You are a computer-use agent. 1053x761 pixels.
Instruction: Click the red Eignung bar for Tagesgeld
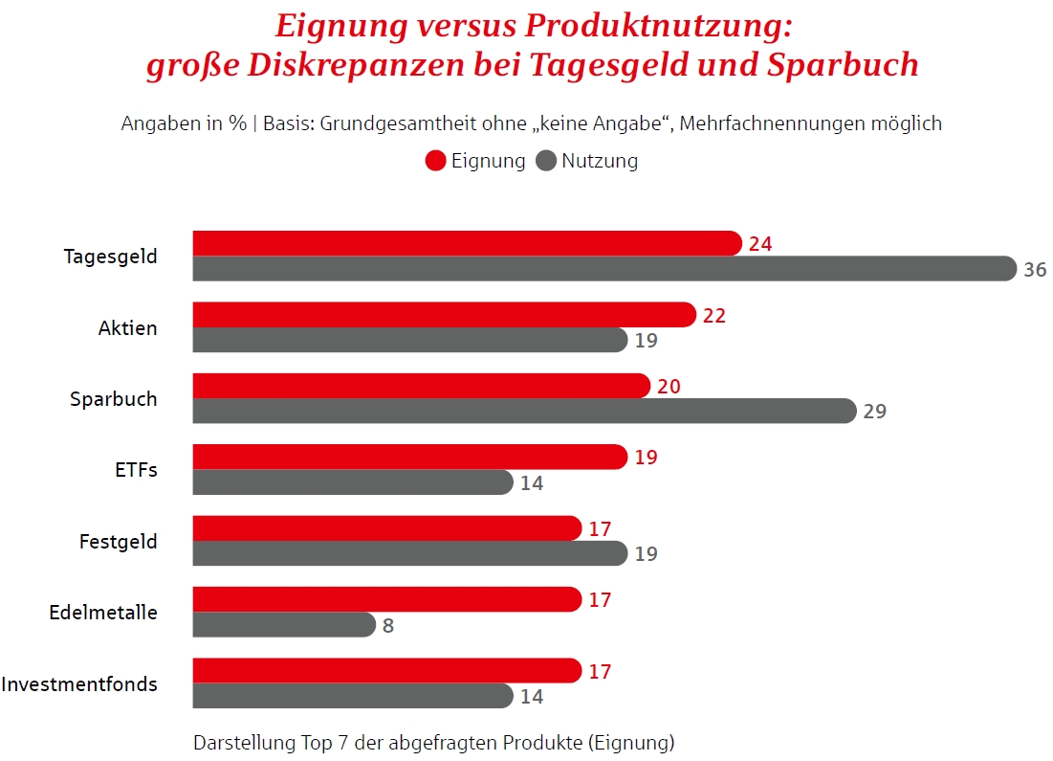coord(467,243)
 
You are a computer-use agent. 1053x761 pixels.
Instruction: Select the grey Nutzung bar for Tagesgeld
coord(603,269)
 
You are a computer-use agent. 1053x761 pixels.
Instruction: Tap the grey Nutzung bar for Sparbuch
coord(523,411)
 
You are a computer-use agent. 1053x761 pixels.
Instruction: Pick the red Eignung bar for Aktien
coord(444,315)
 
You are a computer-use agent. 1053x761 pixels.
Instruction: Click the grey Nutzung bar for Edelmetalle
coord(283,625)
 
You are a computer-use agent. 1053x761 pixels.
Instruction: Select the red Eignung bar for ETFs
coord(409,457)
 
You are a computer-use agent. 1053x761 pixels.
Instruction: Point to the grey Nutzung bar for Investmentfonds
coord(352,696)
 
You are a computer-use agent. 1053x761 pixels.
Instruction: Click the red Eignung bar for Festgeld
coord(386,528)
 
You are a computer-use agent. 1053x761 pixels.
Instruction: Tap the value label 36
coord(1035,270)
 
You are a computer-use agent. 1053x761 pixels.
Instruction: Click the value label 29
coord(874,412)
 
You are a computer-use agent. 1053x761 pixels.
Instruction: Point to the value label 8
coord(388,626)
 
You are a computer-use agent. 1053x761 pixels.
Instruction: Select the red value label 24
coord(760,244)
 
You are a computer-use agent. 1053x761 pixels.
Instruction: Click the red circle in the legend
coord(436,161)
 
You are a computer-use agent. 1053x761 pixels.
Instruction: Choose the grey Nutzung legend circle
coord(546,161)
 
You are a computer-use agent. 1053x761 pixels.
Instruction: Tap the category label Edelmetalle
coord(103,613)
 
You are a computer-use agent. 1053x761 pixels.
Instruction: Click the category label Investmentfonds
coord(79,684)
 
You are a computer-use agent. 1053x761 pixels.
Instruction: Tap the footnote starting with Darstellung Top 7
coord(433,742)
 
